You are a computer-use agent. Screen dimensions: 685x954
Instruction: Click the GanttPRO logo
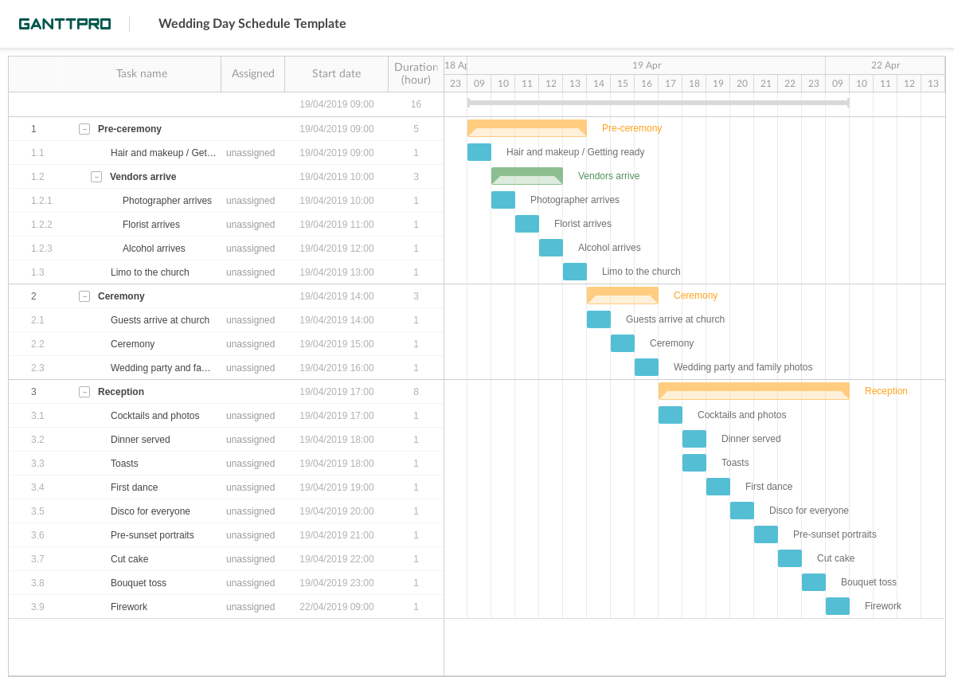coord(65,24)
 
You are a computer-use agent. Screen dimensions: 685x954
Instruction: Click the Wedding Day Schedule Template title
coord(252,24)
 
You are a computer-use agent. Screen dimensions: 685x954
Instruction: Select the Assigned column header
coord(252,74)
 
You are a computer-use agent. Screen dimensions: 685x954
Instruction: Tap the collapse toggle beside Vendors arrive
coord(96,177)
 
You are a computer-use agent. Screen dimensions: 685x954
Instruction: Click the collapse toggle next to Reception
coord(84,392)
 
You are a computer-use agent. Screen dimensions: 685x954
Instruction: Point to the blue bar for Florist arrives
coord(526,224)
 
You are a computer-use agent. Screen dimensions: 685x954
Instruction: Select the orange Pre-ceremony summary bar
coord(526,128)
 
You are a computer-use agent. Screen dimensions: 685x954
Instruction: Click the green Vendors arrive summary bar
coord(526,176)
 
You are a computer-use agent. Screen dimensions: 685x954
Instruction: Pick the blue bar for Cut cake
coord(789,558)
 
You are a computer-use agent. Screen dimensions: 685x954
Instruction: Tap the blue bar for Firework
coord(837,606)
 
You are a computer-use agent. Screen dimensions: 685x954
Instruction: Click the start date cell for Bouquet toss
coord(336,583)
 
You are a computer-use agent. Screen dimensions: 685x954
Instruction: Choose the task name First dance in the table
coord(134,487)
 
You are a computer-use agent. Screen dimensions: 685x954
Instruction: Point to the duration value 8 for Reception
coord(416,392)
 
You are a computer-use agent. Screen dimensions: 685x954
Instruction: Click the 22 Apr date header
coord(885,65)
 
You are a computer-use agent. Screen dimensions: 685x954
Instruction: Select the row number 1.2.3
coord(41,249)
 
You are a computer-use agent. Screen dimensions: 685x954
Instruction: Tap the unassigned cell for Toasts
coord(250,464)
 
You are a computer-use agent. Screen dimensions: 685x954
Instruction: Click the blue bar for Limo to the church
coord(574,272)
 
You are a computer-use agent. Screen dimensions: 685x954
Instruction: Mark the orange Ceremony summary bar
coord(622,296)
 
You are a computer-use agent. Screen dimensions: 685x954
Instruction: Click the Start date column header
coord(336,74)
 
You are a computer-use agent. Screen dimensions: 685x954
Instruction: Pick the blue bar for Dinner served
coord(694,439)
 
